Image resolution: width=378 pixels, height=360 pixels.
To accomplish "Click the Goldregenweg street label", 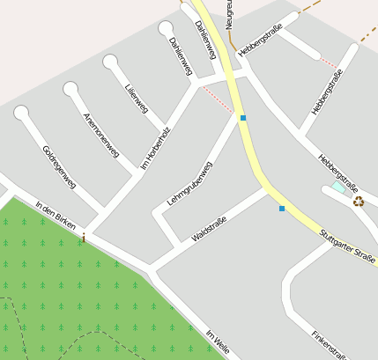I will pos(60,167).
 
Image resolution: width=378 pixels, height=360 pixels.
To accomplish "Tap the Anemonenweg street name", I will pos(100,135).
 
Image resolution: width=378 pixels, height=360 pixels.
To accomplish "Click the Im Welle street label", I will pos(217,342).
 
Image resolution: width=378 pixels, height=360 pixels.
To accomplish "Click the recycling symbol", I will pos(359,201).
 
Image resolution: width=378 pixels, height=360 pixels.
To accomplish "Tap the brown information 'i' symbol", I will pos(84,238).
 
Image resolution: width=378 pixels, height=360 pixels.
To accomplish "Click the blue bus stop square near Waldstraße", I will pos(282,209).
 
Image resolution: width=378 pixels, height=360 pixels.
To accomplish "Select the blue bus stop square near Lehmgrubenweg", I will pos(243,117).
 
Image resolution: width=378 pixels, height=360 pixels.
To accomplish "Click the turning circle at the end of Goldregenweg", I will pos(21,113).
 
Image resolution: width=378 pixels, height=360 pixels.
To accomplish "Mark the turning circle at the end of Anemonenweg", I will pos(70,88).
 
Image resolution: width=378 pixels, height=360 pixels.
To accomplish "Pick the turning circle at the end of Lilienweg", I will pos(110,62).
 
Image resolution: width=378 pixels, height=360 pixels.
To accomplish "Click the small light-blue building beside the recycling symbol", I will pos(338,188).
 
